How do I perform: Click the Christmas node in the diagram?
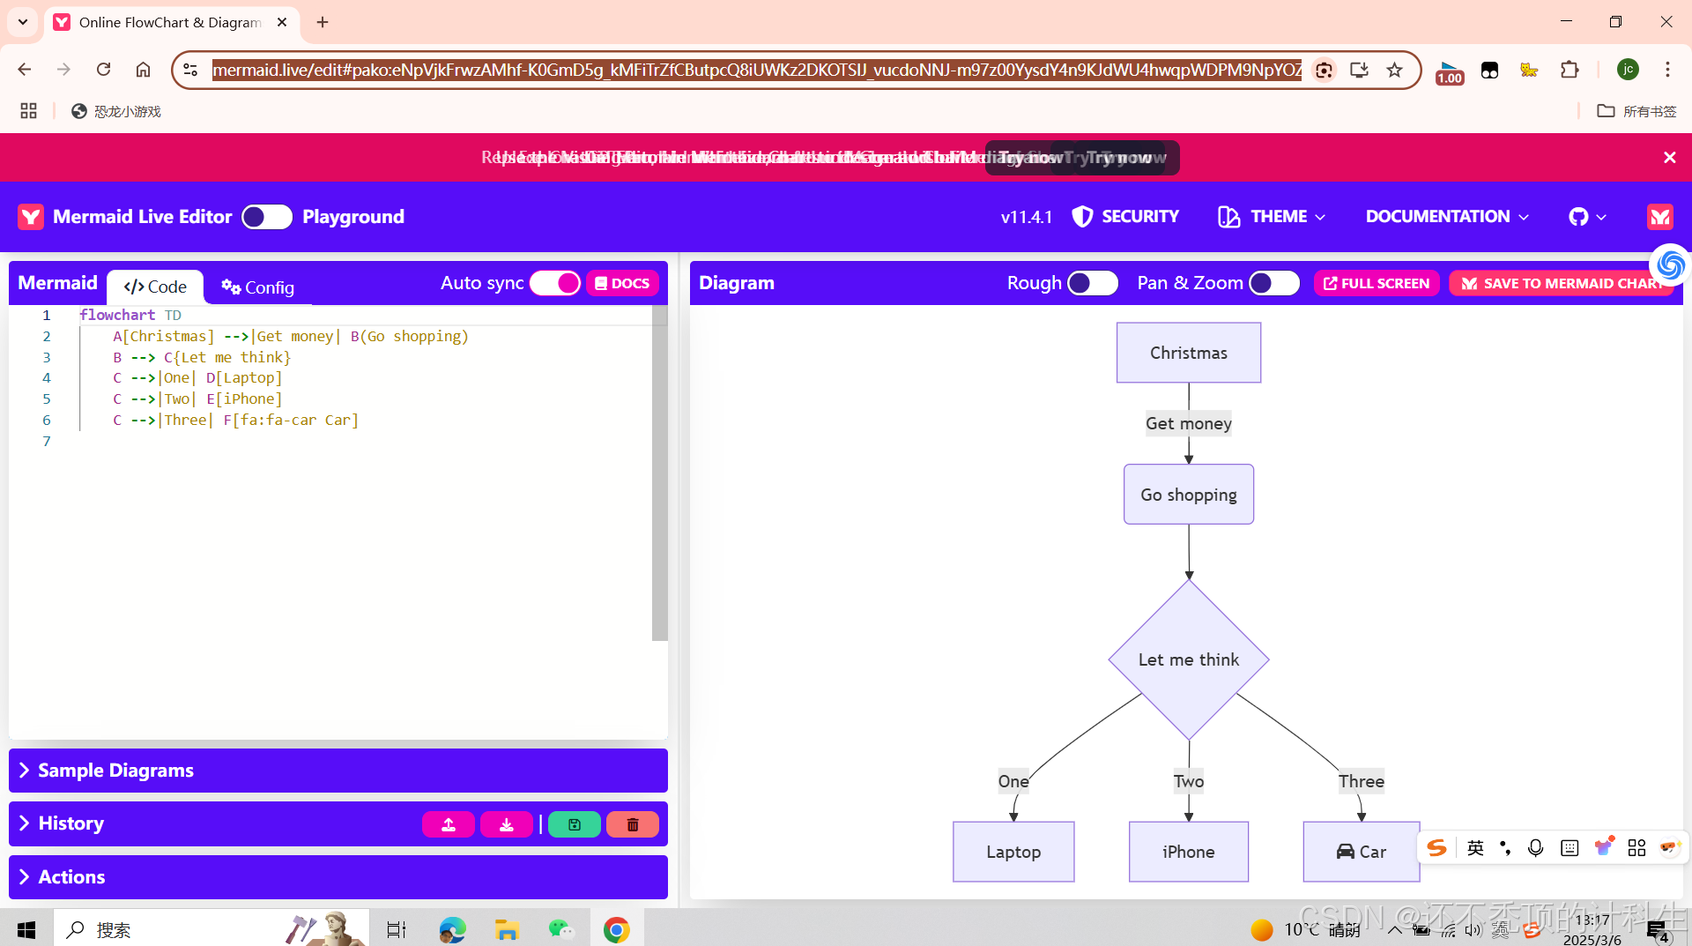click(x=1188, y=353)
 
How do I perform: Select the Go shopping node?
click(x=1188, y=495)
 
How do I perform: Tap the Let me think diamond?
click(x=1188, y=659)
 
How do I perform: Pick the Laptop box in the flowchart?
click(x=1013, y=852)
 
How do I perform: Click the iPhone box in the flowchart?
click(x=1188, y=852)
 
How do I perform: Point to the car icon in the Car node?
click(x=1345, y=852)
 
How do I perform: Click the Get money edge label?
click(x=1188, y=424)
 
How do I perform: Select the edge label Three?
click(x=1361, y=781)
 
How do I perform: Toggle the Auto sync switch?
click(x=555, y=283)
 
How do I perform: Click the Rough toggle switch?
click(x=1092, y=283)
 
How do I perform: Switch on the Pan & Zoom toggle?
click(x=1273, y=283)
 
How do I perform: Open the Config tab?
click(x=257, y=287)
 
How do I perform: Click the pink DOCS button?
click(x=622, y=283)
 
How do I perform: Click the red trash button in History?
click(x=632, y=824)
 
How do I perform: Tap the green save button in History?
click(x=574, y=824)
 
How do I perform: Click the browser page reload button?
click(x=103, y=70)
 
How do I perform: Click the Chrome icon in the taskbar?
click(x=616, y=929)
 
